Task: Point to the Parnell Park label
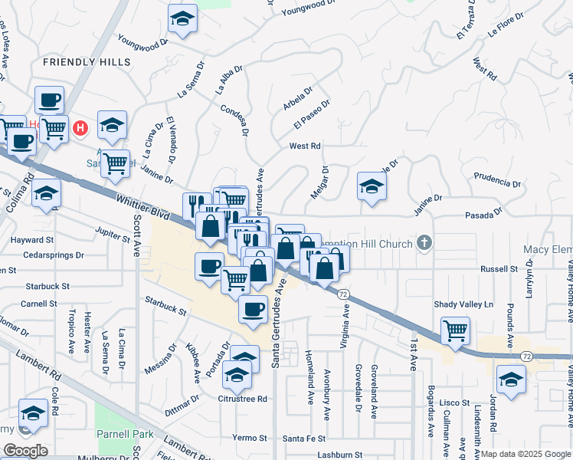(125, 434)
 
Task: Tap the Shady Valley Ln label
(463, 304)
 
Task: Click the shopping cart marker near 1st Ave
(456, 330)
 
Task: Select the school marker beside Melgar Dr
(372, 186)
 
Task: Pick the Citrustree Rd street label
(243, 399)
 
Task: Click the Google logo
(25, 451)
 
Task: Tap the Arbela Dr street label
(297, 99)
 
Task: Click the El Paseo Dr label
(311, 114)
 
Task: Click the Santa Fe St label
(304, 439)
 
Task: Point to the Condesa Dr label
(235, 120)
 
